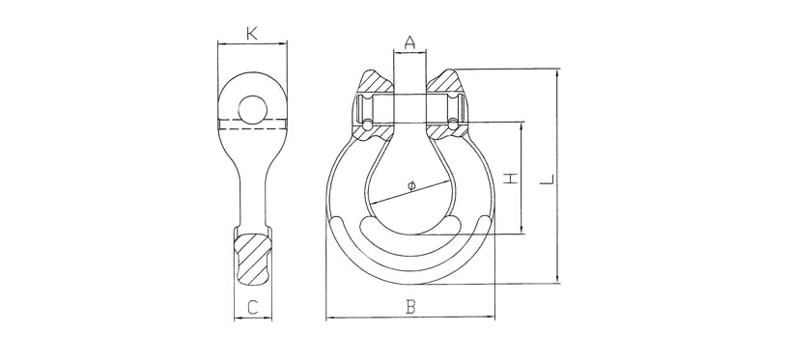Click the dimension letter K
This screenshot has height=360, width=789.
[x=252, y=34]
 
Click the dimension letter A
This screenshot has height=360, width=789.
[x=410, y=42]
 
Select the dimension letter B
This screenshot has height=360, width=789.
[x=411, y=307]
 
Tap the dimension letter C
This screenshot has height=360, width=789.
[x=253, y=307]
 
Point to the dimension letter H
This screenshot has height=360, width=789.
[x=511, y=179]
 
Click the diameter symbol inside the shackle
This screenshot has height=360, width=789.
[x=411, y=186]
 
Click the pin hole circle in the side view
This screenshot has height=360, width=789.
[x=253, y=109]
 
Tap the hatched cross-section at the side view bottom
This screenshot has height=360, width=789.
[x=253, y=259]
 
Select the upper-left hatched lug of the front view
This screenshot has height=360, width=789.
[x=377, y=81]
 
